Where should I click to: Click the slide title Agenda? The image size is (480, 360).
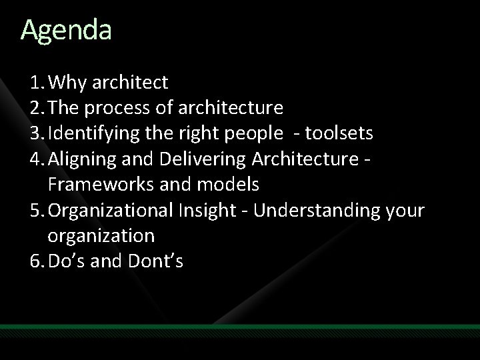tap(66, 30)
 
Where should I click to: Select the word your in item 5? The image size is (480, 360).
tap(405, 210)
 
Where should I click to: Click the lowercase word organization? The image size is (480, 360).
tap(101, 235)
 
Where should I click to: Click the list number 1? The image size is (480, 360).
tap(35, 83)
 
